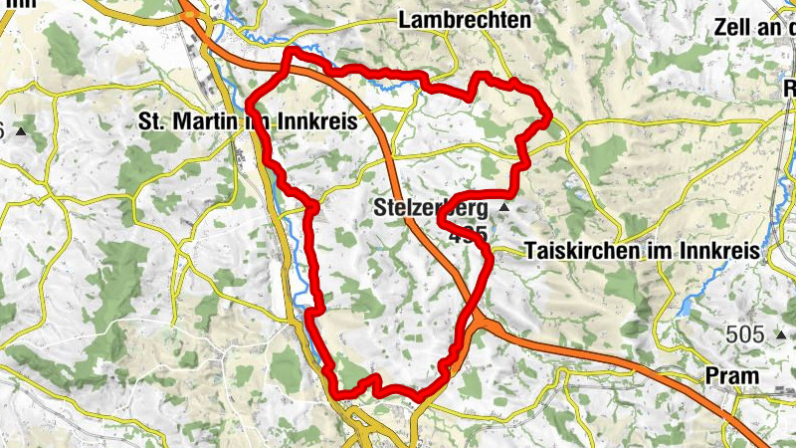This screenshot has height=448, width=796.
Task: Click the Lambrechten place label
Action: click(x=464, y=20)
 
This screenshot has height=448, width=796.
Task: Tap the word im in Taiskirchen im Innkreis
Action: click(x=661, y=252)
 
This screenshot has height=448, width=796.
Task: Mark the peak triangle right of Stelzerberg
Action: click(x=504, y=208)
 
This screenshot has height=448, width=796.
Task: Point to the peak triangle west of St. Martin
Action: click(x=19, y=130)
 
